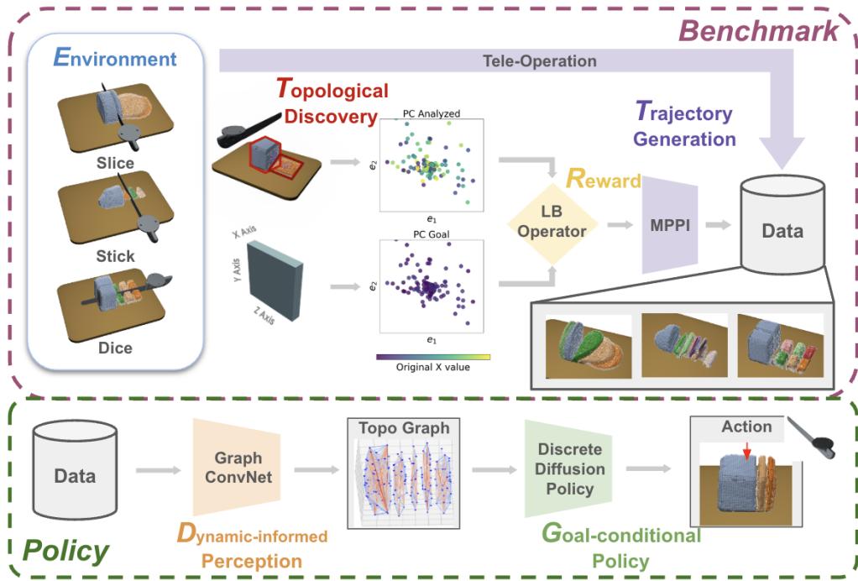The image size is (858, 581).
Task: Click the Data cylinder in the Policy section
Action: coord(75,475)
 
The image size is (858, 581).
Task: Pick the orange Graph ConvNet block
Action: coord(238,471)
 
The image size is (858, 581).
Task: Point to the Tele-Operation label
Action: coord(540,61)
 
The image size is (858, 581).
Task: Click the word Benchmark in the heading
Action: coord(757,32)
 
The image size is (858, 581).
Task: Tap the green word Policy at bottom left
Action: coord(66,551)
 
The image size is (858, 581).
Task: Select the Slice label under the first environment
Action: coord(115,163)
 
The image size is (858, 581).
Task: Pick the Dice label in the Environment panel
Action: coord(115,346)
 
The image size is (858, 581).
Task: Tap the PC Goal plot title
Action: coord(433,235)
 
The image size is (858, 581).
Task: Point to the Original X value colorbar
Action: coord(433,357)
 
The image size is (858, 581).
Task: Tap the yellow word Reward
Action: coord(604,180)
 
